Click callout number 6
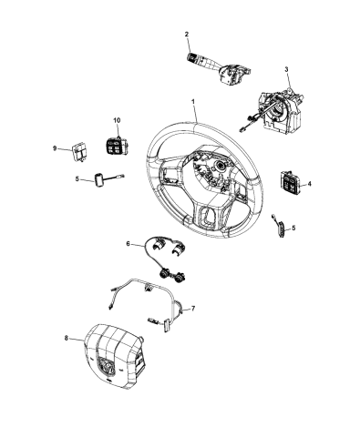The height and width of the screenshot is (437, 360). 129,243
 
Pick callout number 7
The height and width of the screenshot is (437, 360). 192,309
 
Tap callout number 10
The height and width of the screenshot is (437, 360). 116,120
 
